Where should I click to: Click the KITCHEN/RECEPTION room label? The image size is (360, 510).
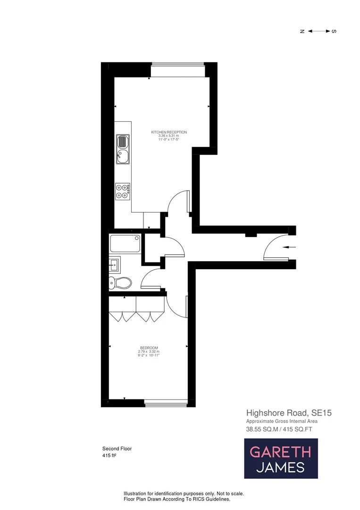click(x=169, y=132)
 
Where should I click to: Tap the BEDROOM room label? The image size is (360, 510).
click(x=149, y=348)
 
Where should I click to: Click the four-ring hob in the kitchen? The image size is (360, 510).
click(x=122, y=190)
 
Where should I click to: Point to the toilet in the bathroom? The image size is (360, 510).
click(x=121, y=283)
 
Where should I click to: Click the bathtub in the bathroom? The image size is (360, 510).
click(x=125, y=244)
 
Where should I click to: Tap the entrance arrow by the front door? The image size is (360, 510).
click(x=288, y=247)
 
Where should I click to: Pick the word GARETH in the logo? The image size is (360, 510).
click(x=280, y=452)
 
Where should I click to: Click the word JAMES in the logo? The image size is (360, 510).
click(x=280, y=467)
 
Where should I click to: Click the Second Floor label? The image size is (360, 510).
click(x=117, y=449)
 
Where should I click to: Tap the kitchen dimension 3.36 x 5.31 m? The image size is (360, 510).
click(x=169, y=136)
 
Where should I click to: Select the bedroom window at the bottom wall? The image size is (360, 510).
click(x=165, y=402)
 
